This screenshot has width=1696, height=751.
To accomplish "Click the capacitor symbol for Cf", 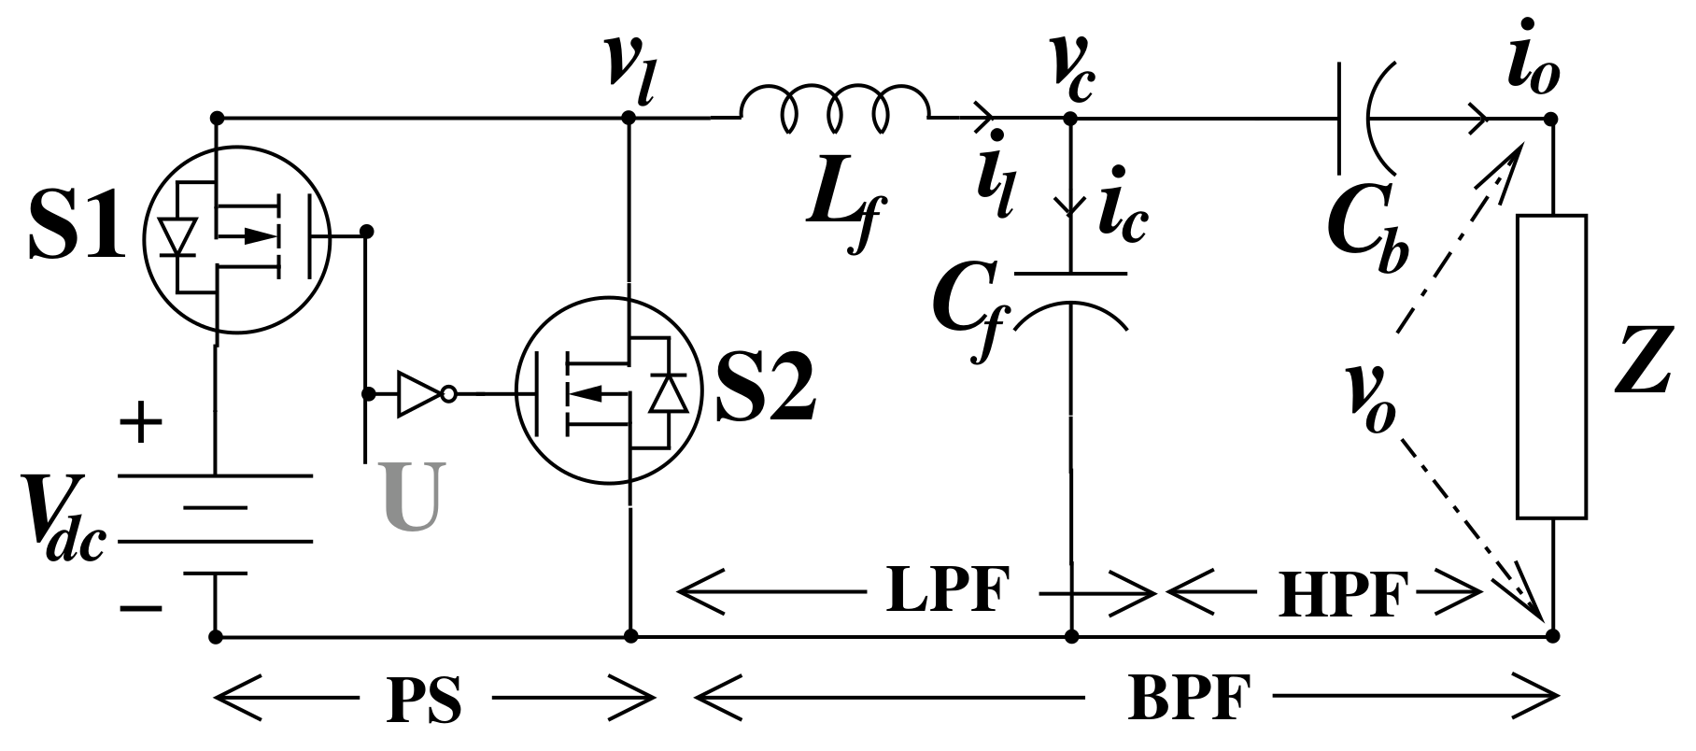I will click(1071, 300).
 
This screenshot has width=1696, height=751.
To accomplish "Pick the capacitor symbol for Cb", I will click(1366, 119).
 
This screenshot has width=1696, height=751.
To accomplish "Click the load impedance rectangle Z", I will click(1551, 366).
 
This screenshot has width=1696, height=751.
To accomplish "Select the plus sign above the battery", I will click(142, 423).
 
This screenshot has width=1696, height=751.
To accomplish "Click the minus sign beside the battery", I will click(141, 609).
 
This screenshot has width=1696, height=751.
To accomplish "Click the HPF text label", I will click(1342, 595).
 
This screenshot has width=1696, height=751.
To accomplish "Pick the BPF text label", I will click(1188, 697).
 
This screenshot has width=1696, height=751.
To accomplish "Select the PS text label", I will click(424, 699).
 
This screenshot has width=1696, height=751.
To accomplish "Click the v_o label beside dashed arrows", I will click(1370, 400).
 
